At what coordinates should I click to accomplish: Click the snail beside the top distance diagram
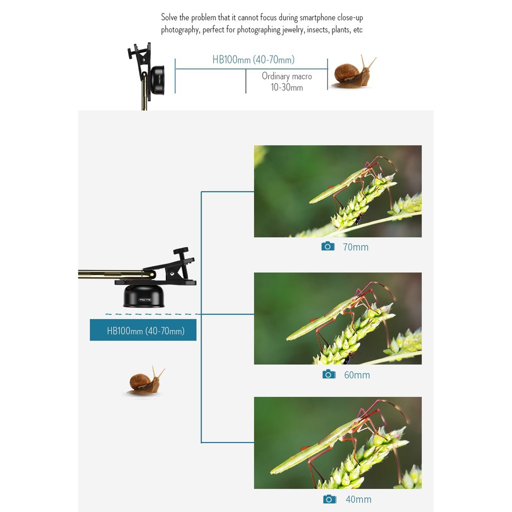tap(352, 72)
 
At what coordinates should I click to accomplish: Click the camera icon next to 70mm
tap(328, 246)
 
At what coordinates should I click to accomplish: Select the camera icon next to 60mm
tap(329, 374)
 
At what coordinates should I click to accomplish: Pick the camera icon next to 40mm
tap(330, 499)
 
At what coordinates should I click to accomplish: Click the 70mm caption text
tap(355, 247)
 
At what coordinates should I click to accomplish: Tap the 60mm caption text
tap(357, 375)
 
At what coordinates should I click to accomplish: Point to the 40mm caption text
tap(358, 499)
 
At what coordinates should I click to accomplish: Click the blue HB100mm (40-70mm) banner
tap(143, 330)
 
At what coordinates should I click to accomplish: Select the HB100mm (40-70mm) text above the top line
tap(253, 59)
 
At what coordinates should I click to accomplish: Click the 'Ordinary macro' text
tap(286, 76)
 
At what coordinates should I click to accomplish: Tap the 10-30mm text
tap(286, 87)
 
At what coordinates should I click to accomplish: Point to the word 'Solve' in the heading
tap(169, 17)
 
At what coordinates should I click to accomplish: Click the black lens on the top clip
tap(157, 79)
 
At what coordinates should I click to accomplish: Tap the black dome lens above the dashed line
tap(144, 296)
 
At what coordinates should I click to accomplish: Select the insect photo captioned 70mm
tap(337, 191)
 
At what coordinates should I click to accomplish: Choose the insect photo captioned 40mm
tap(337, 443)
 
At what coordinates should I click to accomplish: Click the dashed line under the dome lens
tap(153, 314)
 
